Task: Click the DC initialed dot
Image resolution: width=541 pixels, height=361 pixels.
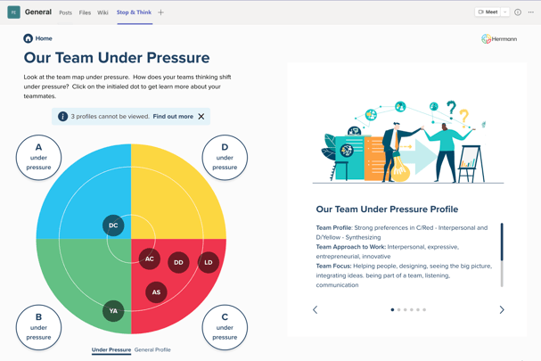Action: coord(113,226)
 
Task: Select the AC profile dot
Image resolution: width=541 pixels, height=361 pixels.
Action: coord(150,258)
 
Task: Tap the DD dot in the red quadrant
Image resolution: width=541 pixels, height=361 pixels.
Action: coord(178,262)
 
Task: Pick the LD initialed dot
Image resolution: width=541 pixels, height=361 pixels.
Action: coord(209,262)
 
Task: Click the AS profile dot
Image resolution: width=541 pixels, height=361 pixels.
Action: coord(156,292)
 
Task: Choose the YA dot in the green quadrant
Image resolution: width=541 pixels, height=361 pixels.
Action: coord(113,310)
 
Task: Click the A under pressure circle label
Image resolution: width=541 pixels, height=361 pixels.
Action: coord(38,158)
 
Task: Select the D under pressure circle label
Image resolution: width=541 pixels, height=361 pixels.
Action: coord(225,158)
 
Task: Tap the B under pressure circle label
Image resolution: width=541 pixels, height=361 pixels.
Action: coord(38,327)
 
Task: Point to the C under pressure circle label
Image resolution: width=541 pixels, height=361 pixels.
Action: coord(225,327)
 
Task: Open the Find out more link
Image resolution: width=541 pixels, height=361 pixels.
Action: coord(173,117)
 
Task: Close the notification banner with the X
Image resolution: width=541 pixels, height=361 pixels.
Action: coord(201,117)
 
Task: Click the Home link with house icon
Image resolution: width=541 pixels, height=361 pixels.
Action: coord(37,38)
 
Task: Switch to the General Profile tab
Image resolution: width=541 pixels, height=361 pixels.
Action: coord(152,349)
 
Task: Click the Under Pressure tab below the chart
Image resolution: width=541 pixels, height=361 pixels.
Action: coord(111,349)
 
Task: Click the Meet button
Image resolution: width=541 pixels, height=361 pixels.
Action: coord(488,12)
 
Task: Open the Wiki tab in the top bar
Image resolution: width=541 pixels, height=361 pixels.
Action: coord(102,12)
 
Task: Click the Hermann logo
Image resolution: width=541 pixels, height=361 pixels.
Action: coord(499,39)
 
